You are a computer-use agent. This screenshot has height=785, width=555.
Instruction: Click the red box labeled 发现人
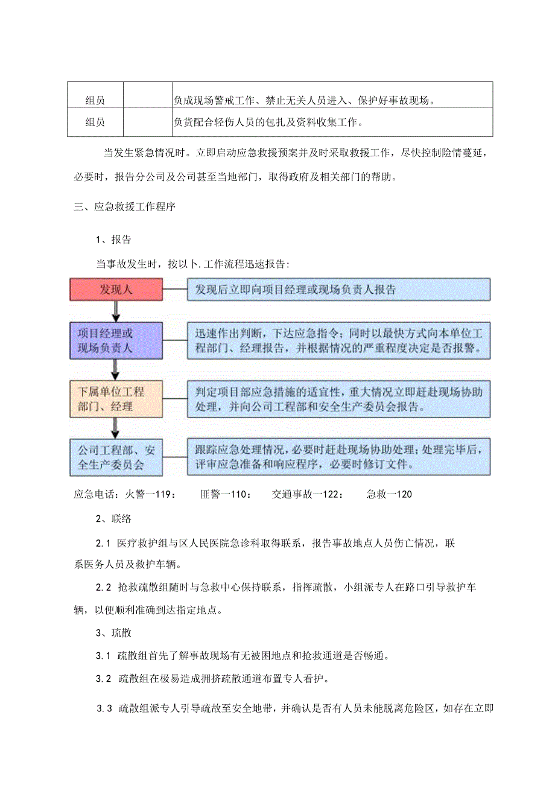pos(116,290)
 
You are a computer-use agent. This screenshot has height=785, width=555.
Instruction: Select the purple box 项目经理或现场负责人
pos(116,341)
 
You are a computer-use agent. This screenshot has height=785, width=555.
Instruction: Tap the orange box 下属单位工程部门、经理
pos(116,399)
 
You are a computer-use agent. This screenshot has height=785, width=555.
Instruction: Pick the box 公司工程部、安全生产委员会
pos(116,457)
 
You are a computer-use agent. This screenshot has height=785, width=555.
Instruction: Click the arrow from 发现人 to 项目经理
pos(116,311)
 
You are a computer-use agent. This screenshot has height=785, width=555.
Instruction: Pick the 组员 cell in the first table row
pos(95,100)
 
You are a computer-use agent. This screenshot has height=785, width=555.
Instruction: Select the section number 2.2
pos(104,587)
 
